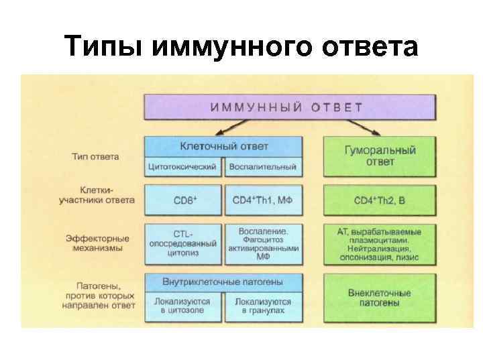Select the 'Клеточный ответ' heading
(x=223, y=146)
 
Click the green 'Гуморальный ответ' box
(x=380, y=156)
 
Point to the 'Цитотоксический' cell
(x=182, y=166)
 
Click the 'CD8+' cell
(x=183, y=200)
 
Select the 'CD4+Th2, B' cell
(x=380, y=200)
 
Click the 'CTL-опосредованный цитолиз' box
(x=183, y=244)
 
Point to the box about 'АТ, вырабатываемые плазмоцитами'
(x=380, y=244)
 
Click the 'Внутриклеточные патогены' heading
(x=223, y=281)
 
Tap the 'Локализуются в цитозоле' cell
(x=182, y=306)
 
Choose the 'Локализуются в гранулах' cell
(x=263, y=306)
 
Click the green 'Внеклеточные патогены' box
(x=380, y=298)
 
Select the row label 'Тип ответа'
(x=95, y=157)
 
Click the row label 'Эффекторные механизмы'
(x=98, y=243)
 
